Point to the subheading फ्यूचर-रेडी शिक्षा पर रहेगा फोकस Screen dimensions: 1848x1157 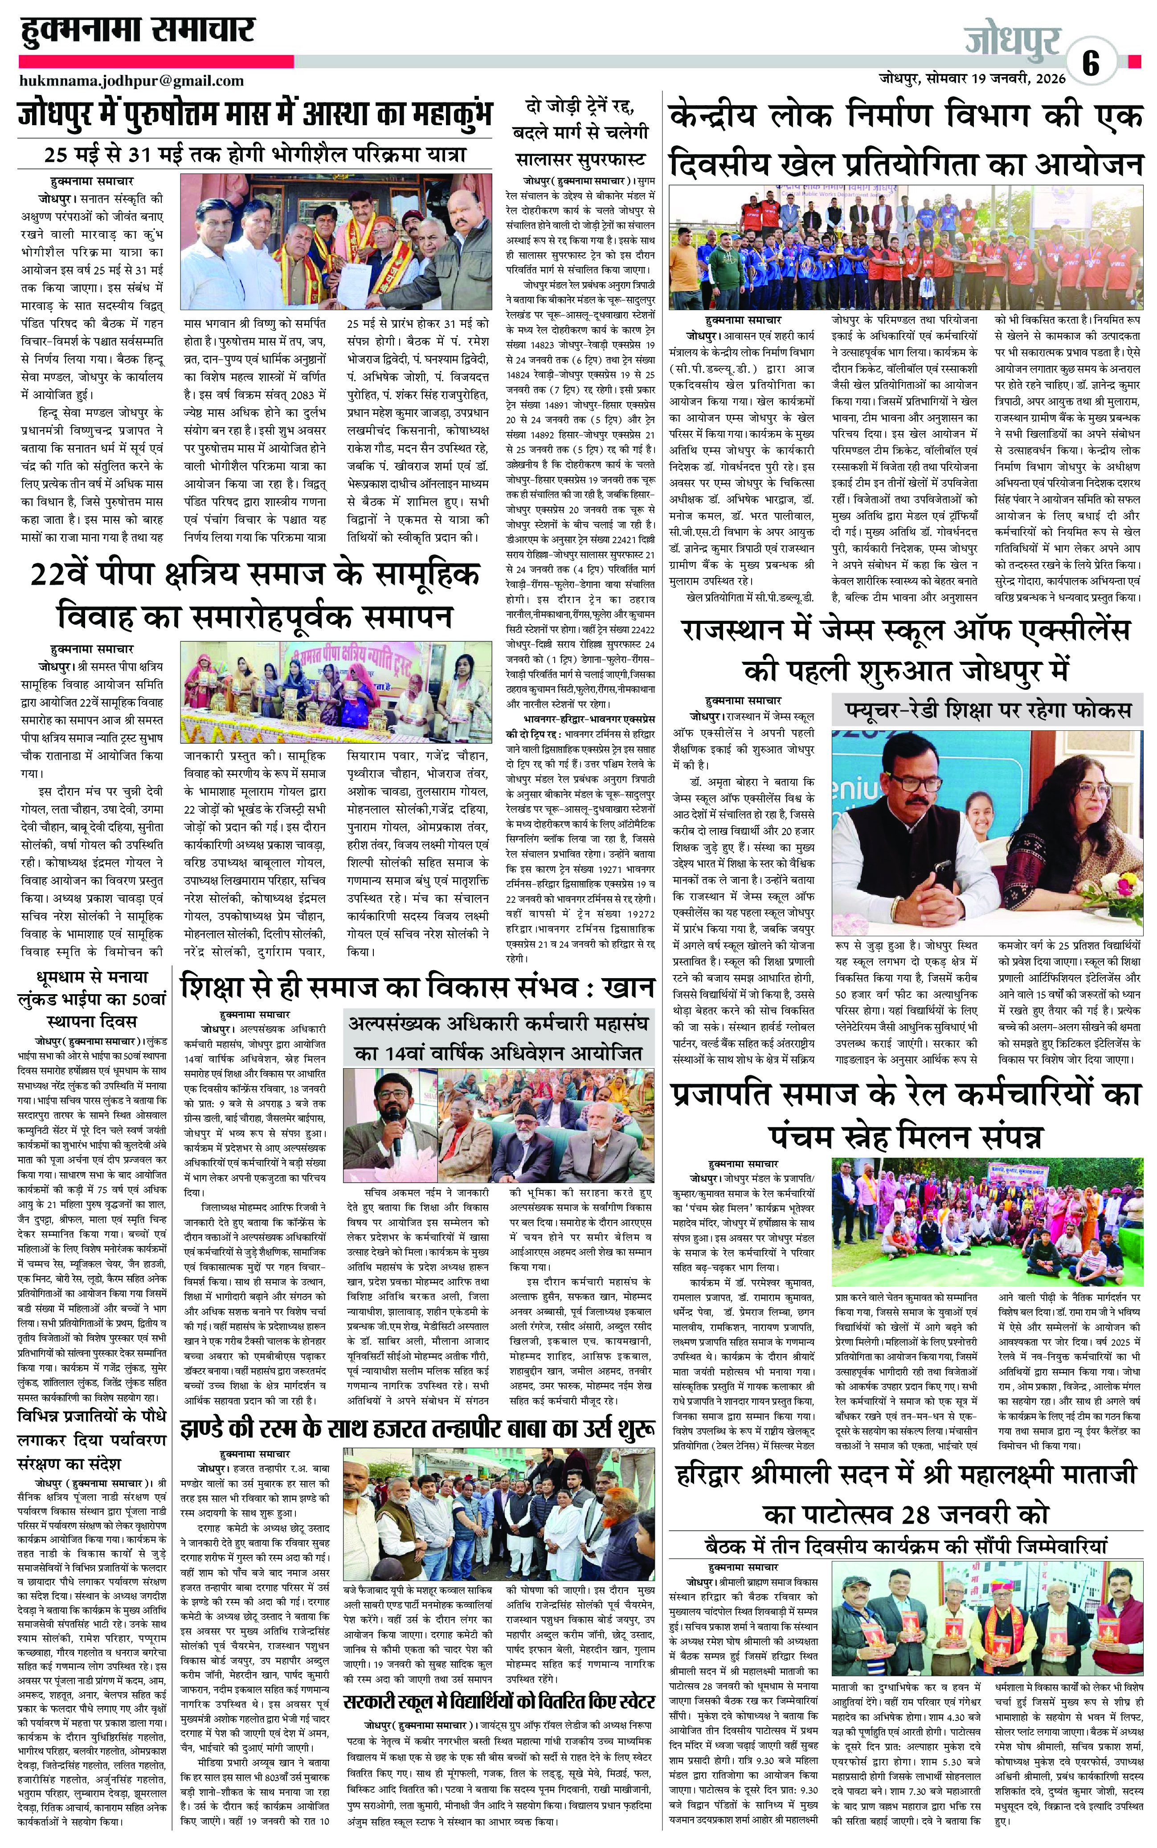click(987, 709)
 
